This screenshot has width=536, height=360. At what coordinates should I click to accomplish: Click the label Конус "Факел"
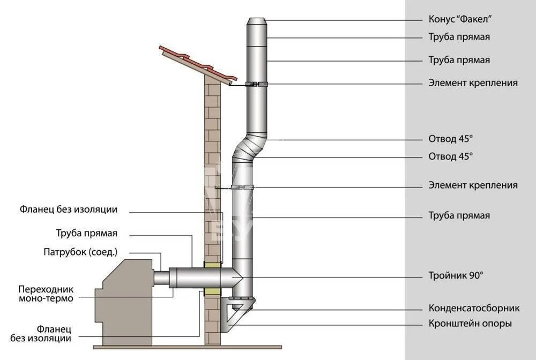[460, 20]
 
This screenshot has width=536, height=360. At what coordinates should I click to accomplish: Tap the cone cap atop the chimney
[256, 25]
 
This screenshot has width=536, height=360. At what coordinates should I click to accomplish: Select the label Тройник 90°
[456, 276]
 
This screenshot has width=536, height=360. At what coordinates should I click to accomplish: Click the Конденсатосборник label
[474, 308]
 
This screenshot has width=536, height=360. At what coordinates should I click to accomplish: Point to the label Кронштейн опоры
[470, 324]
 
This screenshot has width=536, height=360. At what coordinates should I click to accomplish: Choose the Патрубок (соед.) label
[80, 252]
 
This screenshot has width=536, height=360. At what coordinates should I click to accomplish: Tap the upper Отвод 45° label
[451, 139]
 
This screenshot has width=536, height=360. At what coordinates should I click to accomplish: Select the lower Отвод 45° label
[451, 156]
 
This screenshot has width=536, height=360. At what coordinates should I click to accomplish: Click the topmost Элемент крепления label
[473, 82]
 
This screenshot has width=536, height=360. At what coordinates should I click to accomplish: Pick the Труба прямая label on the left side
[86, 233]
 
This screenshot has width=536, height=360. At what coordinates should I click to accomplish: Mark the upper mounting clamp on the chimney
[256, 84]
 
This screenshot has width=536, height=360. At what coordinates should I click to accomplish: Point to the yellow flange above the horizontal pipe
[213, 265]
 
